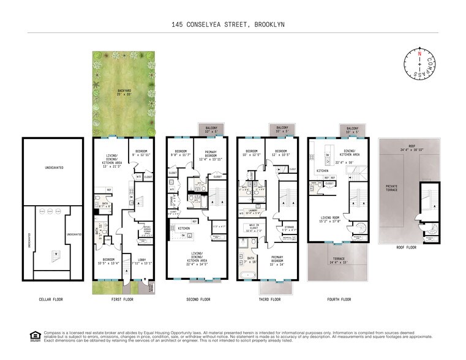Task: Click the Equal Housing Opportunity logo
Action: [34, 335]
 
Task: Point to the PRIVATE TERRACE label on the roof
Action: [391, 189]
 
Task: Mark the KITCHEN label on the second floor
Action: [184, 228]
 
